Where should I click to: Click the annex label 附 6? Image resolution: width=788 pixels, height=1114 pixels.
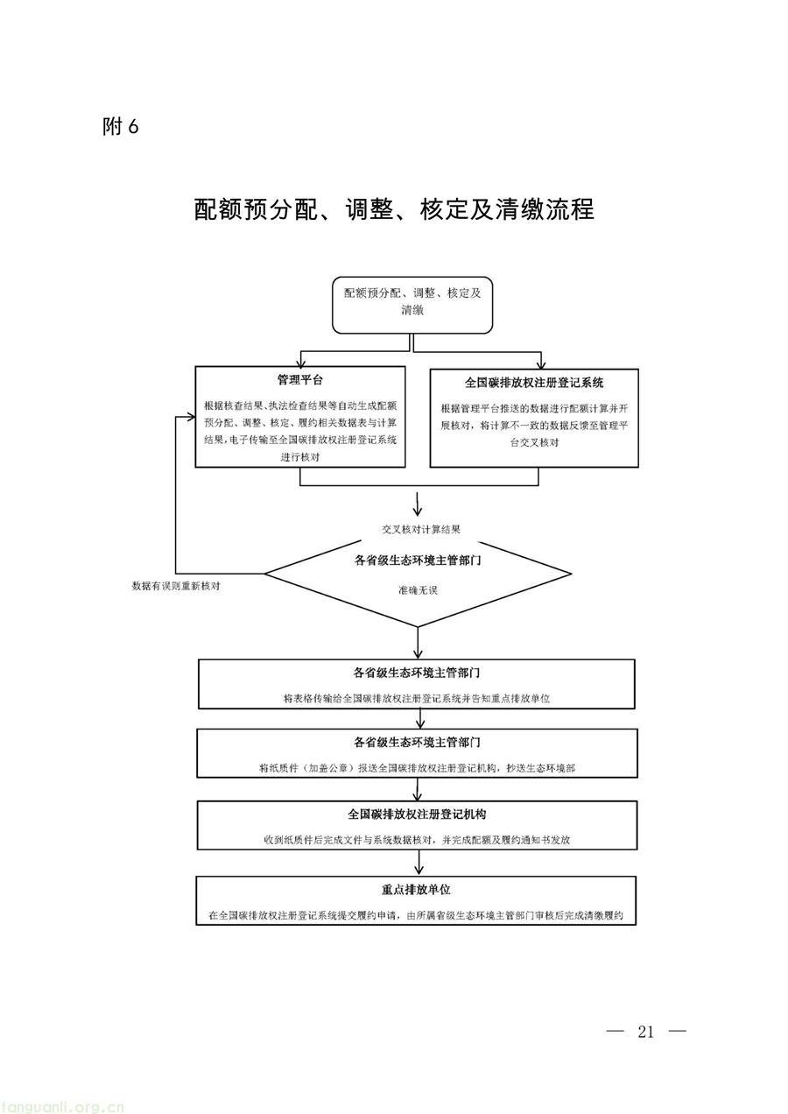click(x=120, y=127)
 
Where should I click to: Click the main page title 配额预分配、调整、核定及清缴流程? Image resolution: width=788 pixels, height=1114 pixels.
click(x=394, y=209)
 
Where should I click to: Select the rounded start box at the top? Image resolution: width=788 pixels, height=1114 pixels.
click(x=412, y=305)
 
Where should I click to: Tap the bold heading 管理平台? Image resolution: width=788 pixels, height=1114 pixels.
click(x=299, y=380)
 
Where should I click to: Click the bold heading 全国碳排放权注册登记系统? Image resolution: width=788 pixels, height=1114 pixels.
click(x=534, y=383)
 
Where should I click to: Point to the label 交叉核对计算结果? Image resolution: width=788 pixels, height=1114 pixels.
click(x=421, y=530)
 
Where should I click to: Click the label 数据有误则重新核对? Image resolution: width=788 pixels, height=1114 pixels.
click(x=175, y=586)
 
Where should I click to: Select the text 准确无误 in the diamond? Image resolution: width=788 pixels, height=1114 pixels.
click(x=418, y=590)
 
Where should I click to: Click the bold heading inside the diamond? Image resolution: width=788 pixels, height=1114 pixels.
click(x=418, y=561)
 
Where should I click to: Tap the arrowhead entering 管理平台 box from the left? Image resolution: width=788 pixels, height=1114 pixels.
click(x=191, y=417)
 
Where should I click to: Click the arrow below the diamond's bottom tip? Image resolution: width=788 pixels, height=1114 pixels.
click(x=419, y=643)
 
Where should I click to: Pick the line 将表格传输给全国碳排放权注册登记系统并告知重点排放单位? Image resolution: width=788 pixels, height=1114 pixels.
click(x=417, y=699)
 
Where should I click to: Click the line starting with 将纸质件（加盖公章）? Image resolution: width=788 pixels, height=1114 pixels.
click(x=417, y=768)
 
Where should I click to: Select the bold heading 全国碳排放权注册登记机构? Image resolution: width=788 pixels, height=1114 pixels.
click(x=417, y=814)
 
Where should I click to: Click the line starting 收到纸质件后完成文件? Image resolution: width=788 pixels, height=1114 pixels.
click(x=417, y=841)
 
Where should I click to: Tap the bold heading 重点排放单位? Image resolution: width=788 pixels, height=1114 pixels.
click(x=416, y=890)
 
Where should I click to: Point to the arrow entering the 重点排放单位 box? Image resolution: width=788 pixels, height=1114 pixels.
click(x=419, y=863)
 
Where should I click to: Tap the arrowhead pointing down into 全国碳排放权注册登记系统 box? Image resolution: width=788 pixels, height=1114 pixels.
click(x=541, y=364)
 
